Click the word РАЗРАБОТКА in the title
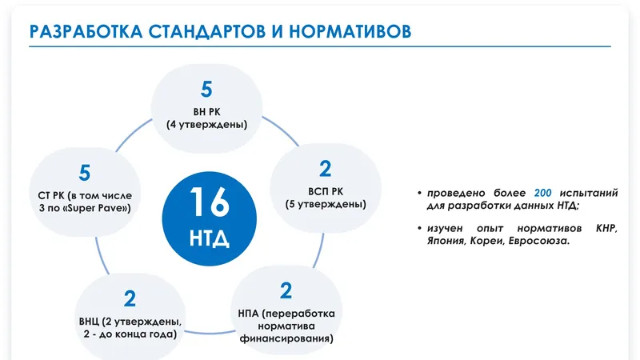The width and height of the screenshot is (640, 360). tap(86, 31)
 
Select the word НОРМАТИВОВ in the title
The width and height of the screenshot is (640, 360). tap(350, 31)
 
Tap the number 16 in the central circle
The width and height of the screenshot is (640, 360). tap(210, 202)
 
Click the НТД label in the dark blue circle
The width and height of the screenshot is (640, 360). tap(210, 238)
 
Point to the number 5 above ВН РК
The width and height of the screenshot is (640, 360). tap(206, 90)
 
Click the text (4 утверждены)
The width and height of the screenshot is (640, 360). tap(207, 125)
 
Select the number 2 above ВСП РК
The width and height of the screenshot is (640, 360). tap(326, 169)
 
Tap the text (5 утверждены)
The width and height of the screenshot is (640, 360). tap(326, 204)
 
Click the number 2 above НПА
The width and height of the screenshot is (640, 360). tap(286, 291)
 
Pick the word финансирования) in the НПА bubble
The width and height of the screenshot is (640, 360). tap(286, 338)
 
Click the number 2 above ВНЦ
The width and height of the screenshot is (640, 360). tap(130, 298)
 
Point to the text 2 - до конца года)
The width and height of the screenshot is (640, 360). tap(130, 334)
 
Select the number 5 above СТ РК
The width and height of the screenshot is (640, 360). tap(85, 173)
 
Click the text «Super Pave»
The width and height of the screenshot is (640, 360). tap(94, 208)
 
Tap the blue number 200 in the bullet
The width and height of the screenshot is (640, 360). tap(543, 193)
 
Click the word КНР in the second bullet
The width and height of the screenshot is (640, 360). tap(606, 228)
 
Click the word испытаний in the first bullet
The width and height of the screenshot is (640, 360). tap(589, 193)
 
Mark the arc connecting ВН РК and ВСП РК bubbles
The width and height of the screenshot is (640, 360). tap(282, 130)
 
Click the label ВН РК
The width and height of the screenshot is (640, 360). tap(207, 112)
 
